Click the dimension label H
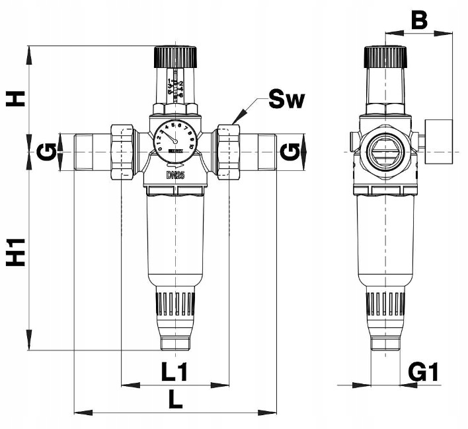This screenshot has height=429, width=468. (16, 98)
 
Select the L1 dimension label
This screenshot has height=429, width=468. (175, 373)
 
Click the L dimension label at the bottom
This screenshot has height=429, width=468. (175, 401)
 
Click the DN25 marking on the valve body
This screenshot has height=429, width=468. (175, 176)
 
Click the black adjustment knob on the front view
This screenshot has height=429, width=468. (175, 57)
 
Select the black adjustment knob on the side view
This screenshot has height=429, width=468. (385, 57)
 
